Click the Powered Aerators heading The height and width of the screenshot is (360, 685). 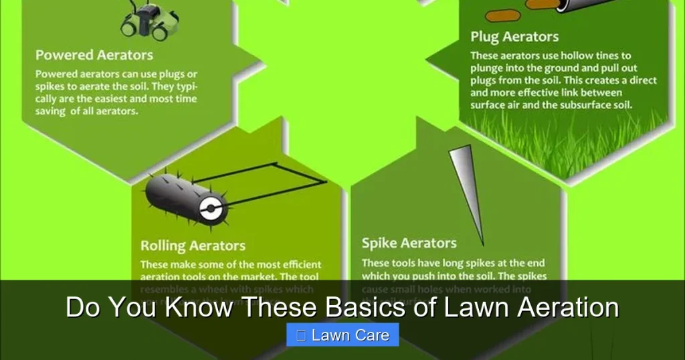pos(94,55)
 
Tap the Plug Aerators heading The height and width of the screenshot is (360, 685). pos(514,36)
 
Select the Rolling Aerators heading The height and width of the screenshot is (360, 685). pos(193,246)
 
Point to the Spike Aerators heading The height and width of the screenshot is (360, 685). pos(409,243)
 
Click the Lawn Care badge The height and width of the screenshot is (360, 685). pos(342,335)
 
